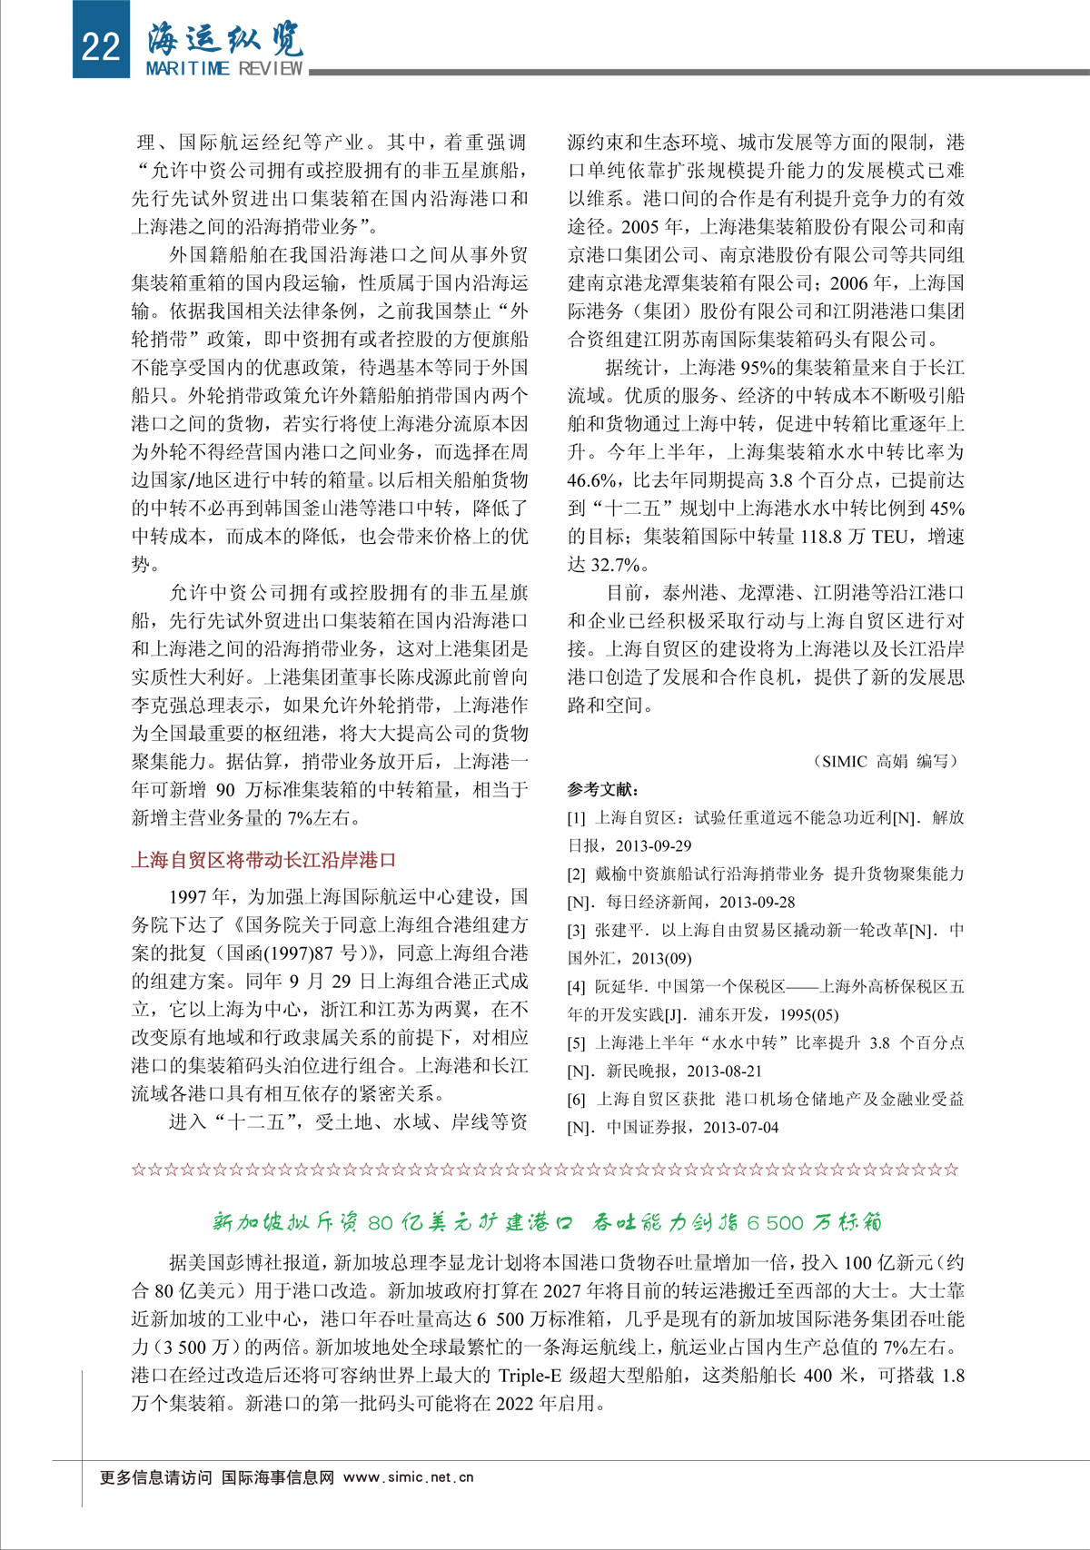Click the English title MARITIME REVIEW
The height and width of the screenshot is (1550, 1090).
coord(224,69)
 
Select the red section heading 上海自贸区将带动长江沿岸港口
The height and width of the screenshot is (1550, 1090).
coord(263,859)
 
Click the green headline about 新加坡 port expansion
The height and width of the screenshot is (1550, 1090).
coord(547,1222)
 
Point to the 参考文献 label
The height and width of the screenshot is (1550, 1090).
coord(603,789)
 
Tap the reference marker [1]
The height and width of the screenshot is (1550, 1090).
coord(577,818)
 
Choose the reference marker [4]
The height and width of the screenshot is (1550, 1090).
coord(577,987)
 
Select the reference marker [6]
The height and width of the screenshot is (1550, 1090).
coord(577,1100)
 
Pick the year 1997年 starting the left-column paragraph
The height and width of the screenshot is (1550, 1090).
coord(202,897)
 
